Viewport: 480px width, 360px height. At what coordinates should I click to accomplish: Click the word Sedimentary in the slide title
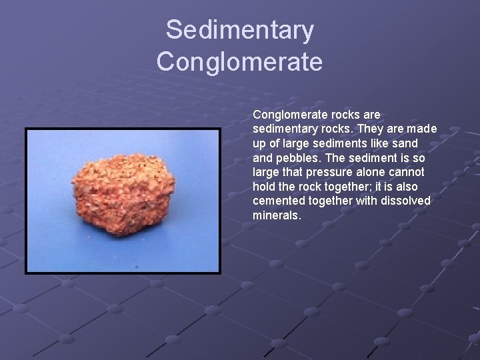(239, 30)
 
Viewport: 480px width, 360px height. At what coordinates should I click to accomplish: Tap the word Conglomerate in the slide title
(239, 62)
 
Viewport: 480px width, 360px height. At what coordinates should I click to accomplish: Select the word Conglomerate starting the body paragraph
(287, 115)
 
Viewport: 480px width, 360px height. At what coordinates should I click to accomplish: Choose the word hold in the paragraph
(264, 187)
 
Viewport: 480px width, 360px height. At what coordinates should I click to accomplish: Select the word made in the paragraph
(421, 129)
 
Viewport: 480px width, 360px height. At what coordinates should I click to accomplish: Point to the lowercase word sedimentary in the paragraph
(283, 129)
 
